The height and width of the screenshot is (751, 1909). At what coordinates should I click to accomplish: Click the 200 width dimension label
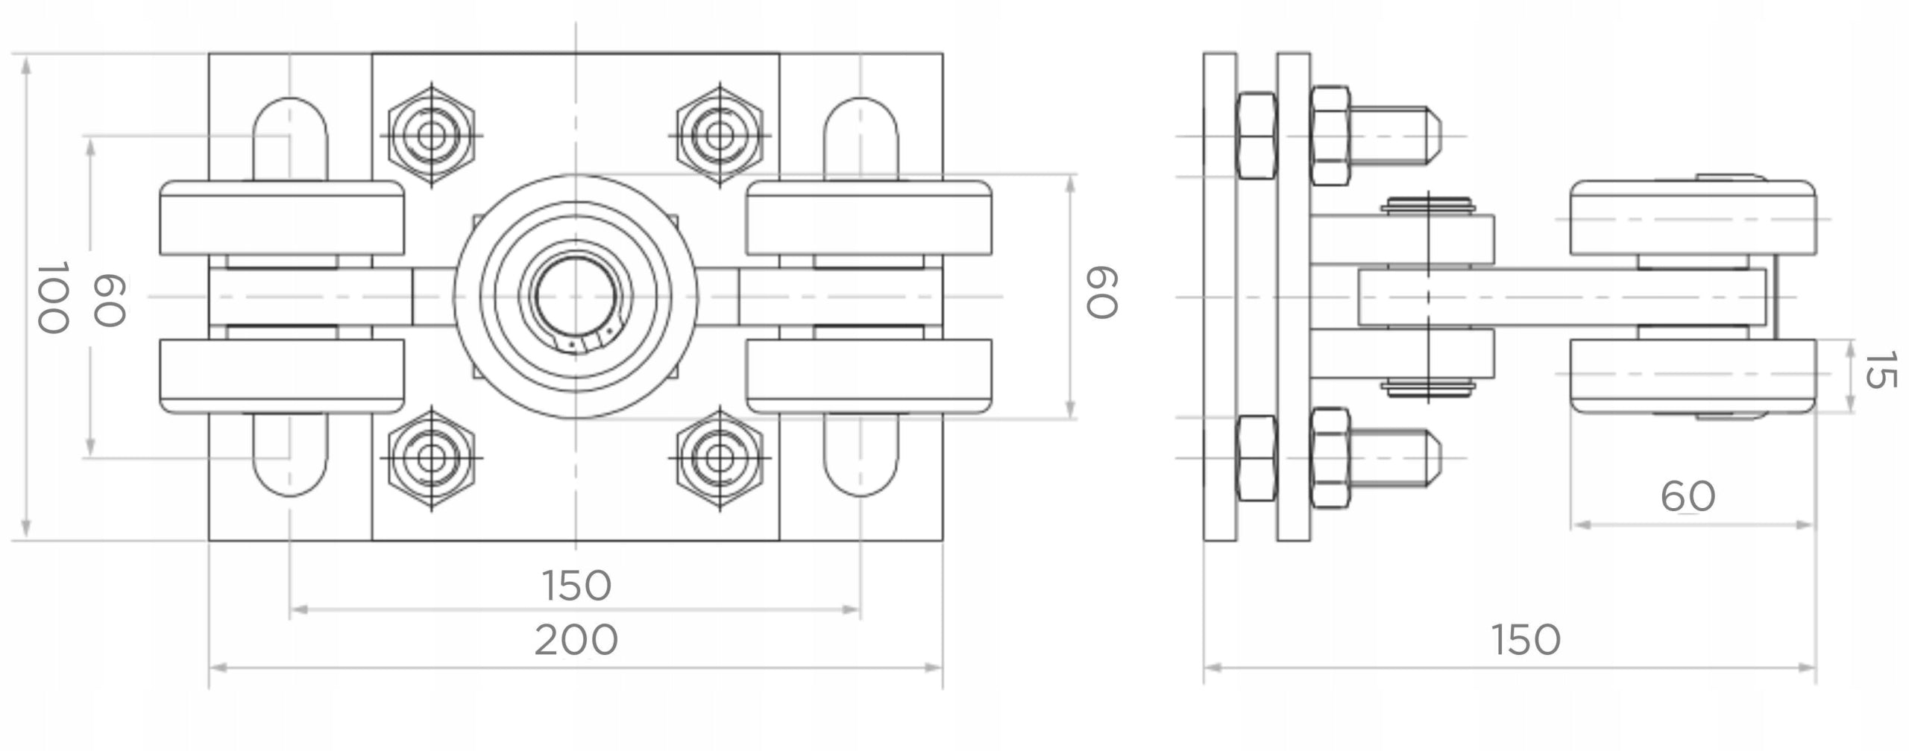point(576,639)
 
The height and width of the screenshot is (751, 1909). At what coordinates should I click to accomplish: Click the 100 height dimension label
point(53,297)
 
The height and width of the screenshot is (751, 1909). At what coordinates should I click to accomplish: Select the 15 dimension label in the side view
point(1880,370)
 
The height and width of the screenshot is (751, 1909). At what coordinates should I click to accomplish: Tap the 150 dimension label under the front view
point(576,586)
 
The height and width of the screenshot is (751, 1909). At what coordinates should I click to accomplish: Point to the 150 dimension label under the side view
point(1526,639)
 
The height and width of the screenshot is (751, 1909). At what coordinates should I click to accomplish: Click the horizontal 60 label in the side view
point(1688,496)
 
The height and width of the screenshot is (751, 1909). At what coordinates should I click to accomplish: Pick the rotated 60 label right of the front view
point(1101,293)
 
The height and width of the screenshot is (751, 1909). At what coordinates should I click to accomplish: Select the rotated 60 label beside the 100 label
point(108,300)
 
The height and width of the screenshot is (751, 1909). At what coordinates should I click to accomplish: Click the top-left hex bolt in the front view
point(431,136)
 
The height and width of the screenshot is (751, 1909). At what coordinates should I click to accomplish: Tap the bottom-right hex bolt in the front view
point(720,457)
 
